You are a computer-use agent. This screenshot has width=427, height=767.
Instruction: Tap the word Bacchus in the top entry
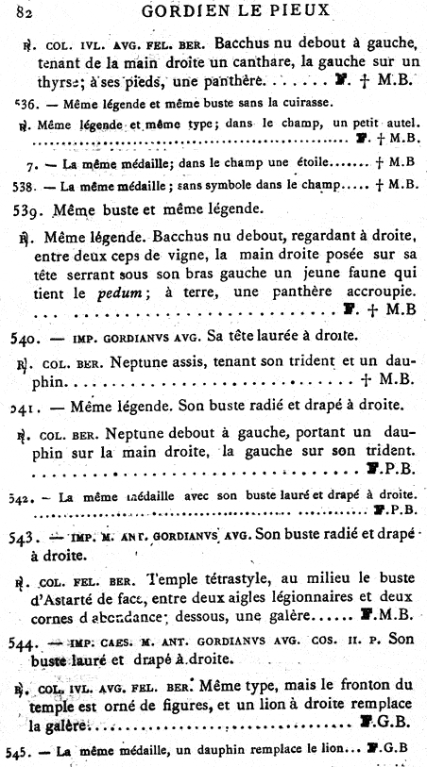pos(244,42)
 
